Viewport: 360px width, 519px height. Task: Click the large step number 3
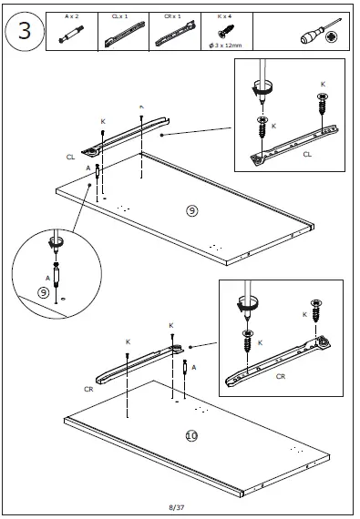coord(25,31)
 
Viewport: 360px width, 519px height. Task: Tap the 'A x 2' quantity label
coord(71,16)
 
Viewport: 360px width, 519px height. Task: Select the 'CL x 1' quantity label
coord(119,16)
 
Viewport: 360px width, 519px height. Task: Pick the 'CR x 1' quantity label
coord(172,16)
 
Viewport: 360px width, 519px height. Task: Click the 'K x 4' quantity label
coord(224,16)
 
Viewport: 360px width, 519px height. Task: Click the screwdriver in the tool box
coord(321,31)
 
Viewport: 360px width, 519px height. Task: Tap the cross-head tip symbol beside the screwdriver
coord(331,37)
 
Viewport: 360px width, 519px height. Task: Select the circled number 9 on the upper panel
coord(192,211)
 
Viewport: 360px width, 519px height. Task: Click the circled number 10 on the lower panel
coord(191,435)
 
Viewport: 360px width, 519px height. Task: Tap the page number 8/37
coord(177,507)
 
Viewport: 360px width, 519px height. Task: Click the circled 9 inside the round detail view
coord(43,292)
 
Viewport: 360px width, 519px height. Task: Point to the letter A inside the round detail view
coord(47,278)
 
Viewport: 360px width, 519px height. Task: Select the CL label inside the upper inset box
coord(307,154)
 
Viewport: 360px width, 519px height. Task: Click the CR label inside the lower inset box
coord(281,376)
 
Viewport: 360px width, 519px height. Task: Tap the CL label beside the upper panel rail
coord(70,158)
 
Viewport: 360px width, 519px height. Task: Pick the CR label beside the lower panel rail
coord(88,390)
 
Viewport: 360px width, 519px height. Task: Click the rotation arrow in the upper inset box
coord(262,87)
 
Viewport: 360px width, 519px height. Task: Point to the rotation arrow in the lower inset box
coord(247,303)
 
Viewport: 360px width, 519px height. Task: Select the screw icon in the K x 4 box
coord(226,31)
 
